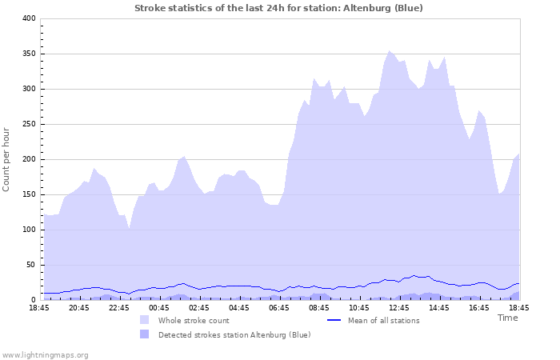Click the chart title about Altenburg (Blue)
click(x=278, y=8)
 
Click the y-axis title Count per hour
click(x=7, y=158)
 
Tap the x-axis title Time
click(x=507, y=318)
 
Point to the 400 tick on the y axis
click(x=29, y=18)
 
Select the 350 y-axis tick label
click(x=29, y=54)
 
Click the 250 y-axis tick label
click(x=29, y=124)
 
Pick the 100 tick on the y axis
click(x=29, y=230)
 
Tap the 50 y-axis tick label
click(x=31, y=265)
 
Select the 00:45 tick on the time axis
click(x=159, y=308)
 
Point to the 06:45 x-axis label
click(x=279, y=308)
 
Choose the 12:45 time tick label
click(x=399, y=308)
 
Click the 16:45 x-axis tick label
click(x=479, y=308)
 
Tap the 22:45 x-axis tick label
click(x=119, y=308)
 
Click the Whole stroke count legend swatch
click(x=144, y=320)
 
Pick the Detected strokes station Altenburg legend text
click(x=234, y=334)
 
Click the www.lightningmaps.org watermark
click(x=45, y=354)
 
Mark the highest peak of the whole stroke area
click(x=390, y=51)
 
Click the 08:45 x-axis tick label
click(x=319, y=308)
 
